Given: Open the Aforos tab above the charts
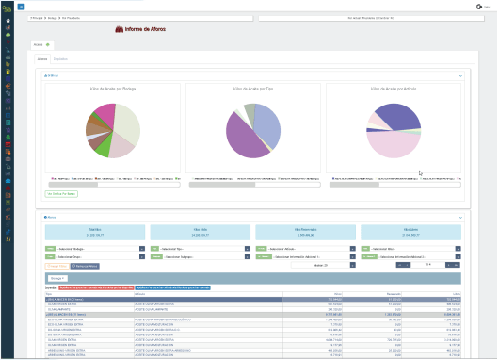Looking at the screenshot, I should click(42, 58).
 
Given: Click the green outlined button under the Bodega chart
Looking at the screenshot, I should click(62, 193).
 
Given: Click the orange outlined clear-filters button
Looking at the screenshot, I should click(56, 267).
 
